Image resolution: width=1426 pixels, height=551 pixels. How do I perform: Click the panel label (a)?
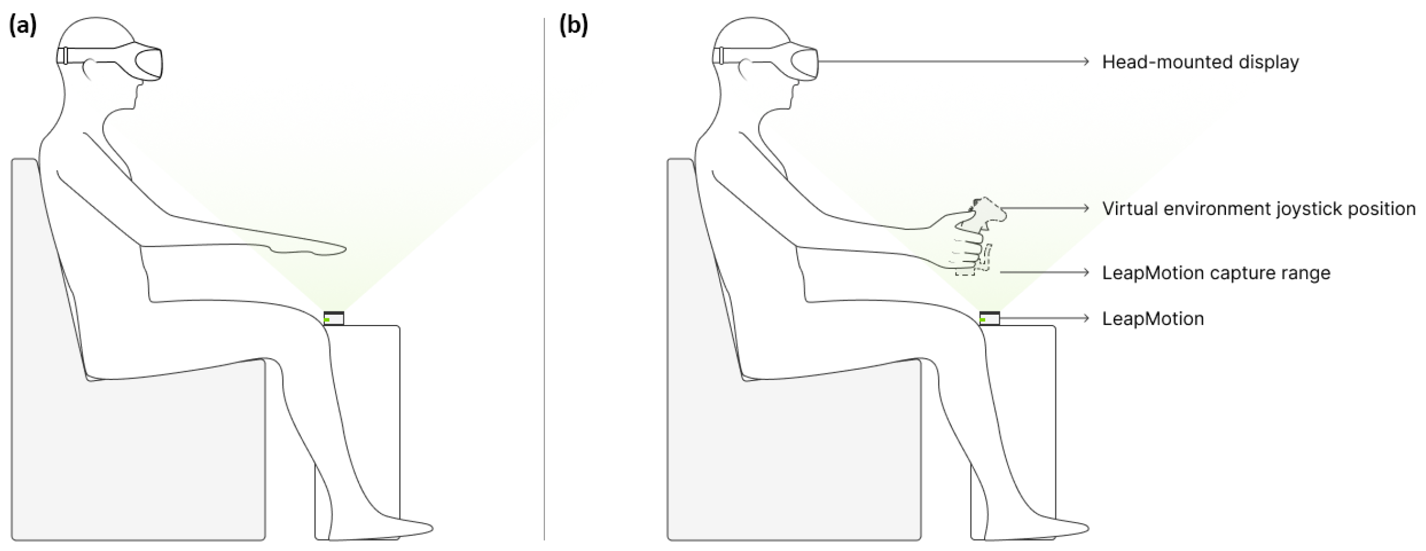[23, 26]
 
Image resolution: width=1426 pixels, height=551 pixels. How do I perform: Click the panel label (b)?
[573, 26]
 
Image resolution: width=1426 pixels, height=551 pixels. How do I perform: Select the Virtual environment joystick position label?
[1258, 209]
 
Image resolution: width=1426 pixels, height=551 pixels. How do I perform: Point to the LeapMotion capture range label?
[1216, 273]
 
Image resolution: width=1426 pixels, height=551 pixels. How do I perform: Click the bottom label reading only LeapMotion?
[1152, 319]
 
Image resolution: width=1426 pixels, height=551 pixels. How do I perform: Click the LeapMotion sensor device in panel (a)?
[334, 319]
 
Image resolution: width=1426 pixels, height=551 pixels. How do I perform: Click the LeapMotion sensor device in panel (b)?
[989, 319]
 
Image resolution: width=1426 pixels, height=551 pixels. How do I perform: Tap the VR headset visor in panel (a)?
[148, 64]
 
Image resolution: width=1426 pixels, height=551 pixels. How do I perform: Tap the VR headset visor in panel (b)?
[804, 64]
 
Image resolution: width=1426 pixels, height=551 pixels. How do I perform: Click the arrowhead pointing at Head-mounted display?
[1086, 62]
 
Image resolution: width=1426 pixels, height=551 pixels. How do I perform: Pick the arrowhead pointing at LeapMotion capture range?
[1086, 272]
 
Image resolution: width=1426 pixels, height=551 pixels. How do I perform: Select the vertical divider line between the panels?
[544, 277]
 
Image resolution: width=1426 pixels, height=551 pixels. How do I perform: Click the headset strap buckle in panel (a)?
[63, 56]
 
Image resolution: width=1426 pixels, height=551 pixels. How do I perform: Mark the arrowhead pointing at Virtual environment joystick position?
[1086, 208]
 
